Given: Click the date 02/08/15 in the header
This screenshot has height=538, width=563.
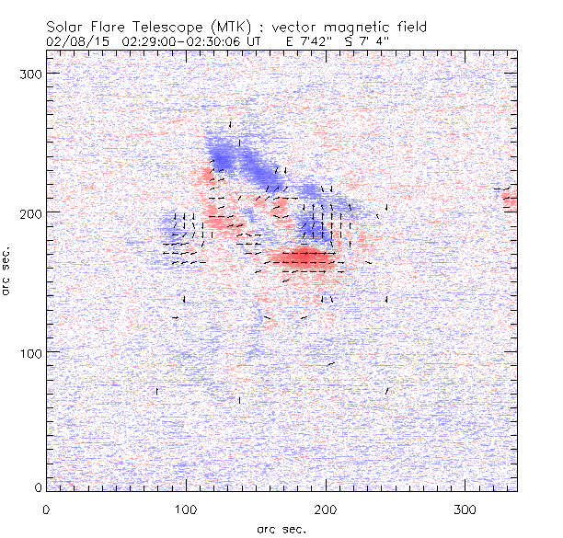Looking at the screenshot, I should (73, 41).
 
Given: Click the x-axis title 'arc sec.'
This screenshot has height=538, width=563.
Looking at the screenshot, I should (281, 528).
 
